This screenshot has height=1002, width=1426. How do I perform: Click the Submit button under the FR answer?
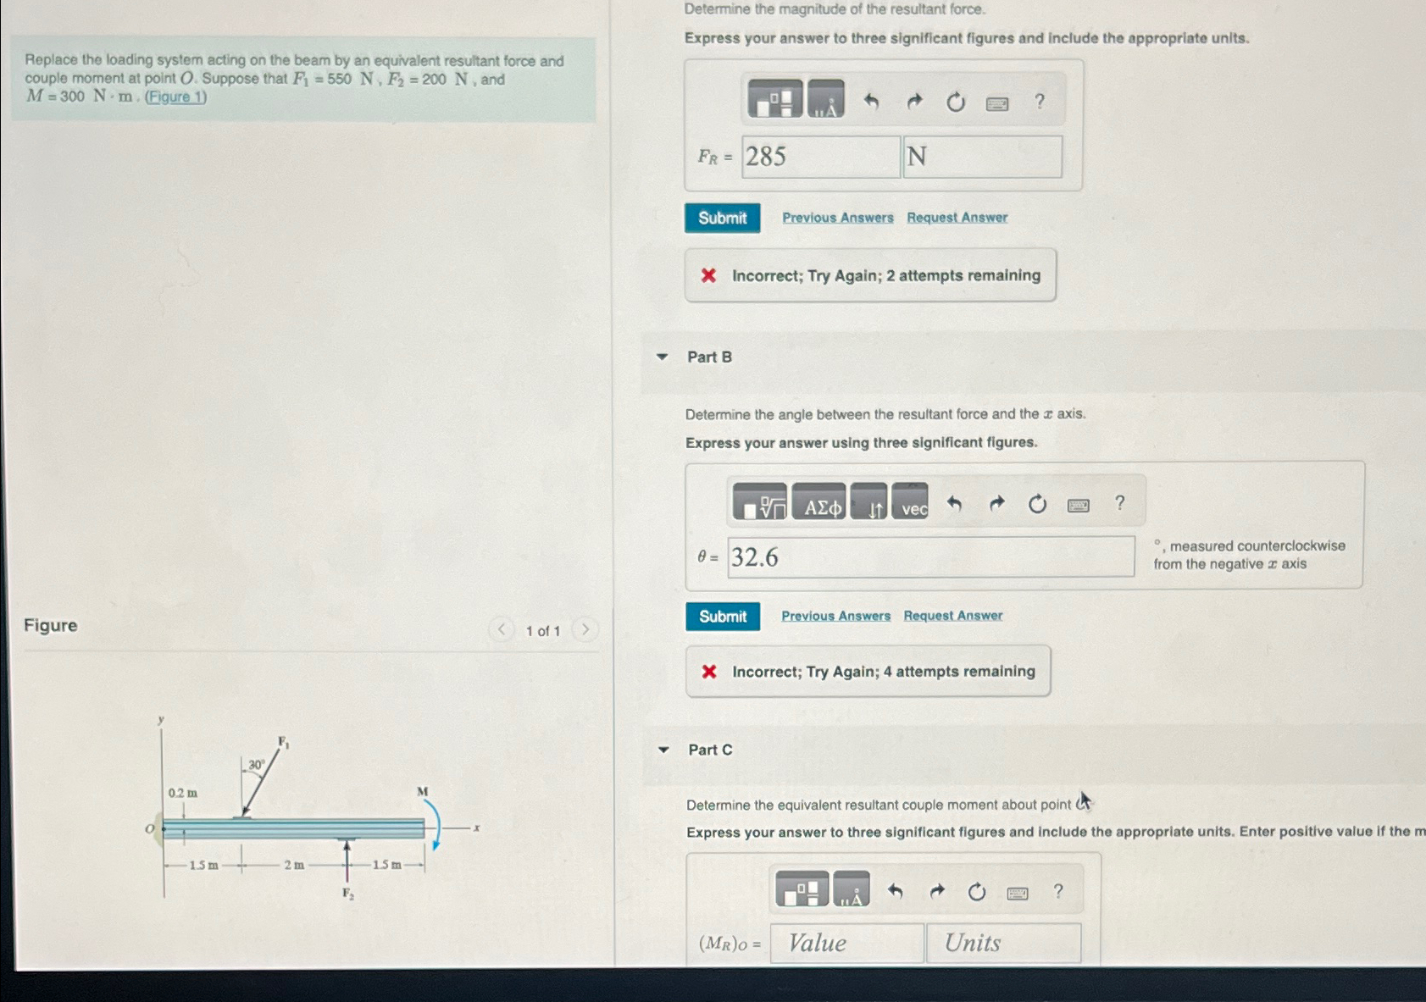point(722,218)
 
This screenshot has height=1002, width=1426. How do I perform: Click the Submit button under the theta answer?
point(722,617)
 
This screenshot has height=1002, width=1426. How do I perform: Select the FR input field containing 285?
point(820,157)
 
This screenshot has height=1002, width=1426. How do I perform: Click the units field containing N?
point(982,157)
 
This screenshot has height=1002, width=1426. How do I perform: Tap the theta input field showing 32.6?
point(930,557)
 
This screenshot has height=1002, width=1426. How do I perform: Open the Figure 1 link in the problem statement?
point(175,97)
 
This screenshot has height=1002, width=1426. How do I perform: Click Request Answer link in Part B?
point(952,616)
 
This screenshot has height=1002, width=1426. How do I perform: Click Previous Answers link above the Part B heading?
point(837,218)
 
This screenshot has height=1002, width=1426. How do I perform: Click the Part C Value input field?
point(846,943)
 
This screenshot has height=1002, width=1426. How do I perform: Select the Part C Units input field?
point(1003,943)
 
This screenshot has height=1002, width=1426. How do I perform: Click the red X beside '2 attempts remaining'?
point(709,275)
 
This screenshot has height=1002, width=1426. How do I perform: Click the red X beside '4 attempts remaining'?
point(709,672)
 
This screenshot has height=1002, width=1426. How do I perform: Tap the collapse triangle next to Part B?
point(663,357)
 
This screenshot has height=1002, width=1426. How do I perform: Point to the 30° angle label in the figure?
point(256,764)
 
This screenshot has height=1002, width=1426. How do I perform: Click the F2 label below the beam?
point(347,893)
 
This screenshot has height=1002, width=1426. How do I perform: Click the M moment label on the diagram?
point(422,791)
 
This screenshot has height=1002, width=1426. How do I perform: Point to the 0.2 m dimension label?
point(182,793)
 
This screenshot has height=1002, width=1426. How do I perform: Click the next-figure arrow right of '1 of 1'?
point(585,629)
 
